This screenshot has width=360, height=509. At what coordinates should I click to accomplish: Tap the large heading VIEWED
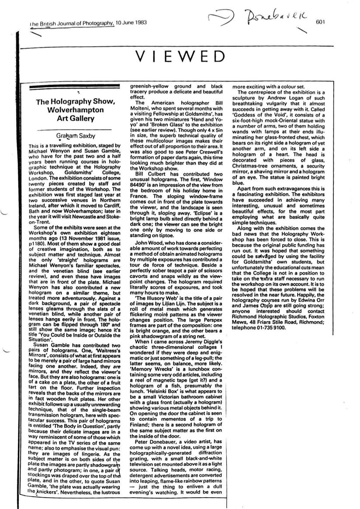(x=181, y=57)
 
